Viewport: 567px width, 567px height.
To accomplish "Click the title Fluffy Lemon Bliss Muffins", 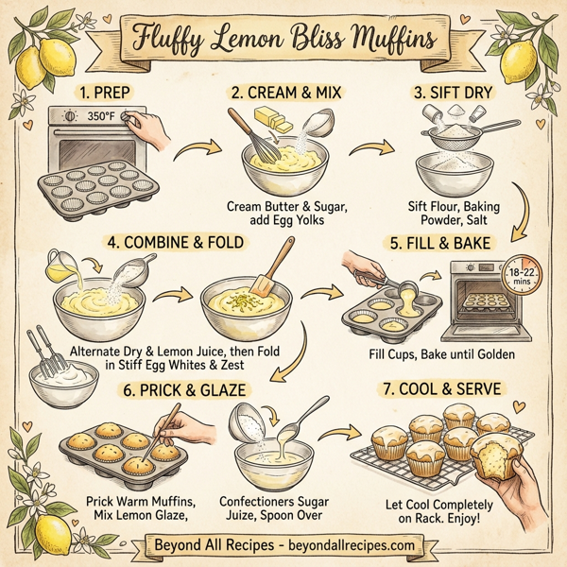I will click(283, 41).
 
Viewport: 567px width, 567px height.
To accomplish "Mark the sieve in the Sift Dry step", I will click(452, 145).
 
